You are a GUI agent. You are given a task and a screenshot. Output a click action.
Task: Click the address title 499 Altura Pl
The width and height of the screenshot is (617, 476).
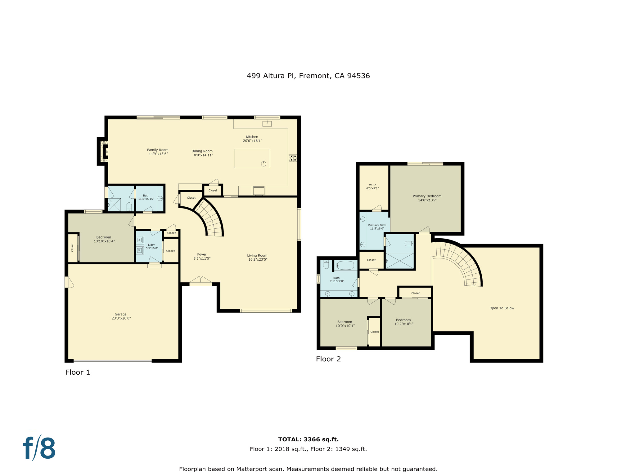[x=270, y=76]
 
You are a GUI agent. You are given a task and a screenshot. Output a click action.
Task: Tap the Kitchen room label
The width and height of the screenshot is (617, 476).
[x=252, y=137]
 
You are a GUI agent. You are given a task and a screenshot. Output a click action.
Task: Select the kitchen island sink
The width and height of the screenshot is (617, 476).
[x=263, y=164]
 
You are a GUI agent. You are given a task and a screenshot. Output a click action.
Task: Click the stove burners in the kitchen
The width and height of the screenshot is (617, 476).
[x=293, y=158]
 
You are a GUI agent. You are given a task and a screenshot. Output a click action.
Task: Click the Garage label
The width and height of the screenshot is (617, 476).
[x=120, y=314]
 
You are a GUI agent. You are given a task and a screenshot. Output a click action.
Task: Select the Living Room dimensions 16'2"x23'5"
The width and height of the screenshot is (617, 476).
[x=258, y=259]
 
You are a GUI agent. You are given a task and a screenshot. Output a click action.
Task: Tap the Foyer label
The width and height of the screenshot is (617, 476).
[x=202, y=254]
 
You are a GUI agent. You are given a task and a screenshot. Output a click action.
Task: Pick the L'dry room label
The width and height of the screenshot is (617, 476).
[x=151, y=245]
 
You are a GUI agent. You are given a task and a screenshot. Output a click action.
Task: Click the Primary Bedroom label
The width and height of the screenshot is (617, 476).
[x=427, y=196]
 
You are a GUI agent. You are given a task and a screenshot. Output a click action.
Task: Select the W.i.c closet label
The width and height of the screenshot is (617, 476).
[x=372, y=185]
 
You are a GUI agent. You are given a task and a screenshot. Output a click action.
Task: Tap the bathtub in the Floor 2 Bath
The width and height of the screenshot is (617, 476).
[x=345, y=265]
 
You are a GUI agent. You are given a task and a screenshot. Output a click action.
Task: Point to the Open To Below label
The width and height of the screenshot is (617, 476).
[x=502, y=308]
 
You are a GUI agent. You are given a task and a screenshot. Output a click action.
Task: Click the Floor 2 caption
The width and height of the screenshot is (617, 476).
[x=328, y=359]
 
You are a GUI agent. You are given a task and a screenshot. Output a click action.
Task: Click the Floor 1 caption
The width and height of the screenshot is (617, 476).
[x=78, y=372]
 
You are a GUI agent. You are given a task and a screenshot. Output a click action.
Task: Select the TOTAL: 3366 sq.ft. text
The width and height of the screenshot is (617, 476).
[x=308, y=439]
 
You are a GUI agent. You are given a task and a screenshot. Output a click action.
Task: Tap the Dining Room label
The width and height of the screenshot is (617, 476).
[x=202, y=151]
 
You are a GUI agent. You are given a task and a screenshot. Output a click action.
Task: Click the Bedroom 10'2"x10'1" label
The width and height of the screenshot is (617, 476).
[x=403, y=322]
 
